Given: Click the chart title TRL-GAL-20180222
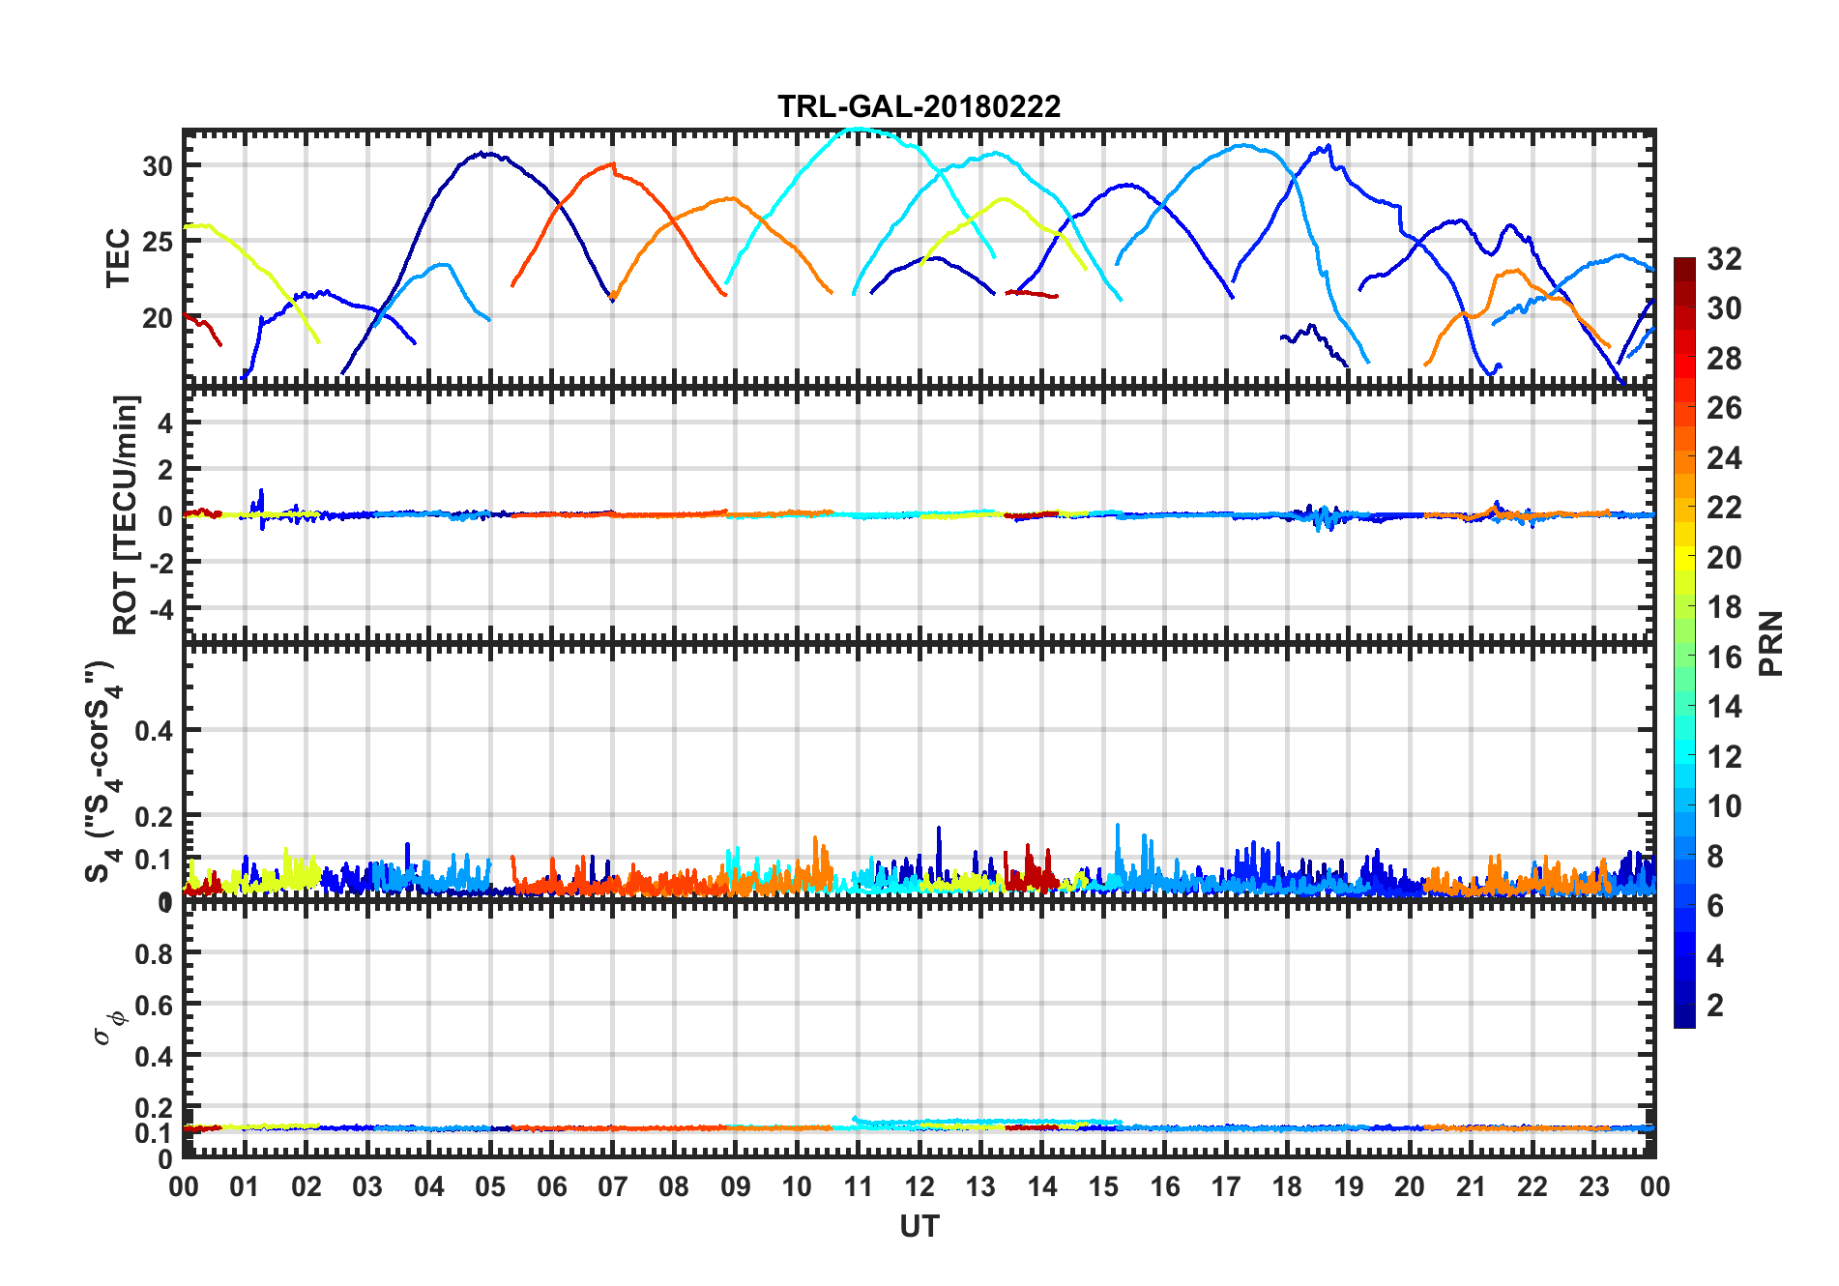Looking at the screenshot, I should click(x=919, y=106).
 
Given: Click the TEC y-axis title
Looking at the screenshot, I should click(x=118, y=258).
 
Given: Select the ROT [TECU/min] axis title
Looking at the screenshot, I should click(x=126, y=514).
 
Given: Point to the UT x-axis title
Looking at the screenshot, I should click(x=919, y=1227).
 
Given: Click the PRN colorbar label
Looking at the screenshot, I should click(x=1771, y=644).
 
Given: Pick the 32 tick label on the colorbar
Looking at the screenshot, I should click(x=1724, y=259).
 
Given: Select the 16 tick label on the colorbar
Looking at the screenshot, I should click(x=1724, y=658).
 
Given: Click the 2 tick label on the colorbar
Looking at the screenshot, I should click(x=1715, y=1006).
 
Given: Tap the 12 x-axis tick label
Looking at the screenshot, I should click(x=919, y=1187).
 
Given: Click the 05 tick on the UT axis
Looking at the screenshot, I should click(x=490, y=1187).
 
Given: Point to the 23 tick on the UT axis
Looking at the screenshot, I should click(x=1593, y=1187).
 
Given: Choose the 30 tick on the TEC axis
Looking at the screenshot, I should click(x=158, y=166).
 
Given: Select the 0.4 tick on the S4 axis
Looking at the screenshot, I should click(x=154, y=731).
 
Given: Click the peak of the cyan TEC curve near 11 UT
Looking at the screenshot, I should click(x=858, y=129).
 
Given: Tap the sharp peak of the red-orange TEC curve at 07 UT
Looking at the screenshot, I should click(x=612, y=164).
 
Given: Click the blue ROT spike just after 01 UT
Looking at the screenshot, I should click(x=261, y=491).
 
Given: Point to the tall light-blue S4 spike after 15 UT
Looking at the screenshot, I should click(x=1118, y=826).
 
